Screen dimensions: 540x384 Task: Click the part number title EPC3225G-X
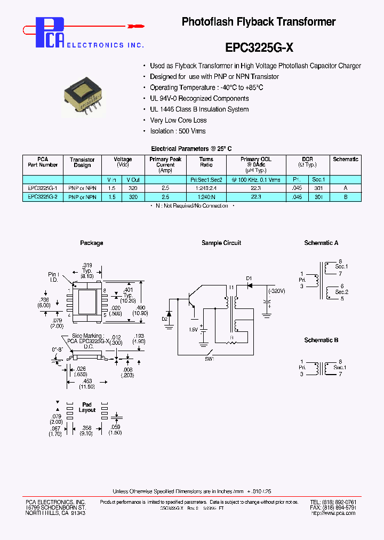[x=259, y=47]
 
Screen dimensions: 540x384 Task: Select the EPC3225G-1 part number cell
[x=43, y=188]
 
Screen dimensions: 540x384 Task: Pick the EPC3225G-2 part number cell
[x=43, y=197]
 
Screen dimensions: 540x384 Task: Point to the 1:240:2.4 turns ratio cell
[x=206, y=188]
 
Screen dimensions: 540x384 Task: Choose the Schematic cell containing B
[x=346, y=197]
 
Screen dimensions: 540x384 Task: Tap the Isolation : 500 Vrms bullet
[x=178, y=131]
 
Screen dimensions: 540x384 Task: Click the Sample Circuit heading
[x=221, y=243]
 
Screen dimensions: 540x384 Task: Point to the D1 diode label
[x=249, y=278]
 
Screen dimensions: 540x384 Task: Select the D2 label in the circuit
[x=164, y=319]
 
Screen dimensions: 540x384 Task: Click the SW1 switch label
[x=209, y=359]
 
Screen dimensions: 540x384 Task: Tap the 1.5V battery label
[x=193, y=330]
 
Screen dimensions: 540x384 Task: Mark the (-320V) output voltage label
[x=277, y=291]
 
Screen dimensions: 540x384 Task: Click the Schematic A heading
[x=321, y=243]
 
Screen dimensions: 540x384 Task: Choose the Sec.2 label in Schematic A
[x=341, y=292]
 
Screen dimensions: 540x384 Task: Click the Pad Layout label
[x=87, y=407]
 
